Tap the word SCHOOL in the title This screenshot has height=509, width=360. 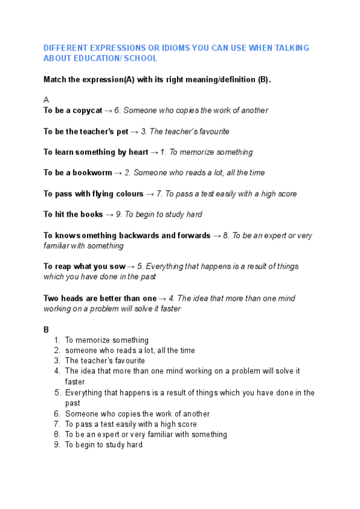(141, 58)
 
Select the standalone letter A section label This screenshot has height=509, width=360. (46, 100)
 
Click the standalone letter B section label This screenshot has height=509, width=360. (46, 330)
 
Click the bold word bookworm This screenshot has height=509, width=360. (92, 173)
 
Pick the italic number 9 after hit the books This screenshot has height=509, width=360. (118, 214)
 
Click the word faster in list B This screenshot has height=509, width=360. (75, 381)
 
